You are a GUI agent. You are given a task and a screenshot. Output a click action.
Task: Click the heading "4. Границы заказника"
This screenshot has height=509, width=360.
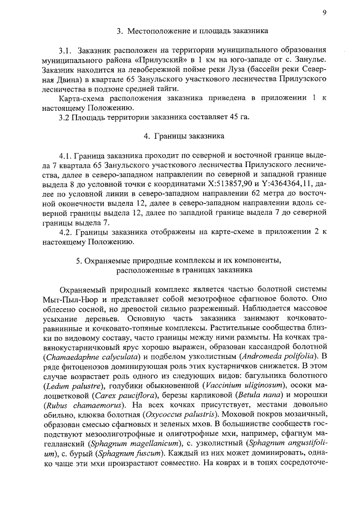click(184, 136)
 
